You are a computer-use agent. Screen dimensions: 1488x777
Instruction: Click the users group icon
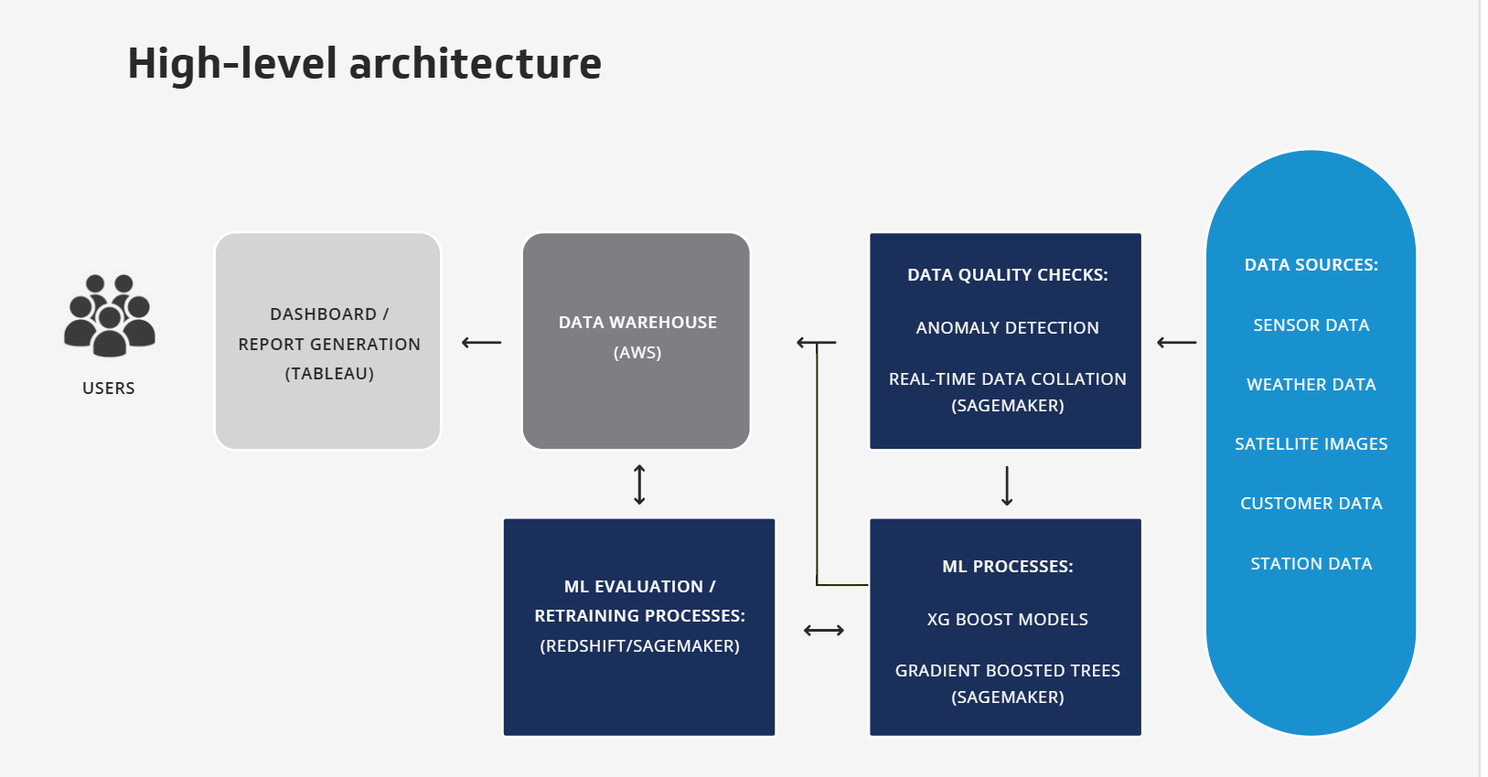coord(110,314)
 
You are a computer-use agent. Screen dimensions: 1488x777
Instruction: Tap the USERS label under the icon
coord(108,388)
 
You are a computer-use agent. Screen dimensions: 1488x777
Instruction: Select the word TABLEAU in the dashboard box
coord(329,374)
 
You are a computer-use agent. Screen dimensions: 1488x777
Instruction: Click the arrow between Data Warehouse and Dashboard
coord(482,343)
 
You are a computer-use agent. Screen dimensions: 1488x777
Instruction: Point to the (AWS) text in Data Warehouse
coord(637,352)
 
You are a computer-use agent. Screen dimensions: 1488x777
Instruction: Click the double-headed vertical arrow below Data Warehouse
coord(639,484)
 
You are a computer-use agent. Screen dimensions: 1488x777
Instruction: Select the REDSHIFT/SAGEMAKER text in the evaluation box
coord(639,645)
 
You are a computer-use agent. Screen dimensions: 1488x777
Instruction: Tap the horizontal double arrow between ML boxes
coord(824,630)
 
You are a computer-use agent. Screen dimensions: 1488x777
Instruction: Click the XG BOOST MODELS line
coord(1007,620)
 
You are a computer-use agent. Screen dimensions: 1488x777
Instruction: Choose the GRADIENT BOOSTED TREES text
coord(1007,671)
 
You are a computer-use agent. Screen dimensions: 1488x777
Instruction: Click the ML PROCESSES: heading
coord(1007,567)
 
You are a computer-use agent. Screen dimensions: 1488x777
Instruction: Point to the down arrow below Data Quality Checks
coord(1007,486)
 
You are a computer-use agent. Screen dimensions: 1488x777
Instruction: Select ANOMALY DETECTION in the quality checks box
coord(1007,328)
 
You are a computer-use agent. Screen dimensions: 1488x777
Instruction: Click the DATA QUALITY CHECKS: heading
coord(1007,275)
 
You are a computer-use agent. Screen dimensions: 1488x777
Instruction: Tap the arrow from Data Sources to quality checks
coord(1176,343)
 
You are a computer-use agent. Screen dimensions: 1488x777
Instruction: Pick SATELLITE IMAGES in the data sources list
coord(1311,444)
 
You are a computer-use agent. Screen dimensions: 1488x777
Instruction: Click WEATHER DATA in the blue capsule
coord(1311,385)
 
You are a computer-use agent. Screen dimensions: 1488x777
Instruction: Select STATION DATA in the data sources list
coord(1311,564)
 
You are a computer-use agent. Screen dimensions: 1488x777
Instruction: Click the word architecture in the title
coord(476,64)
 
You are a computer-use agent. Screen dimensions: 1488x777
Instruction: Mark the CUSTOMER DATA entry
coord(1311,504)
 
